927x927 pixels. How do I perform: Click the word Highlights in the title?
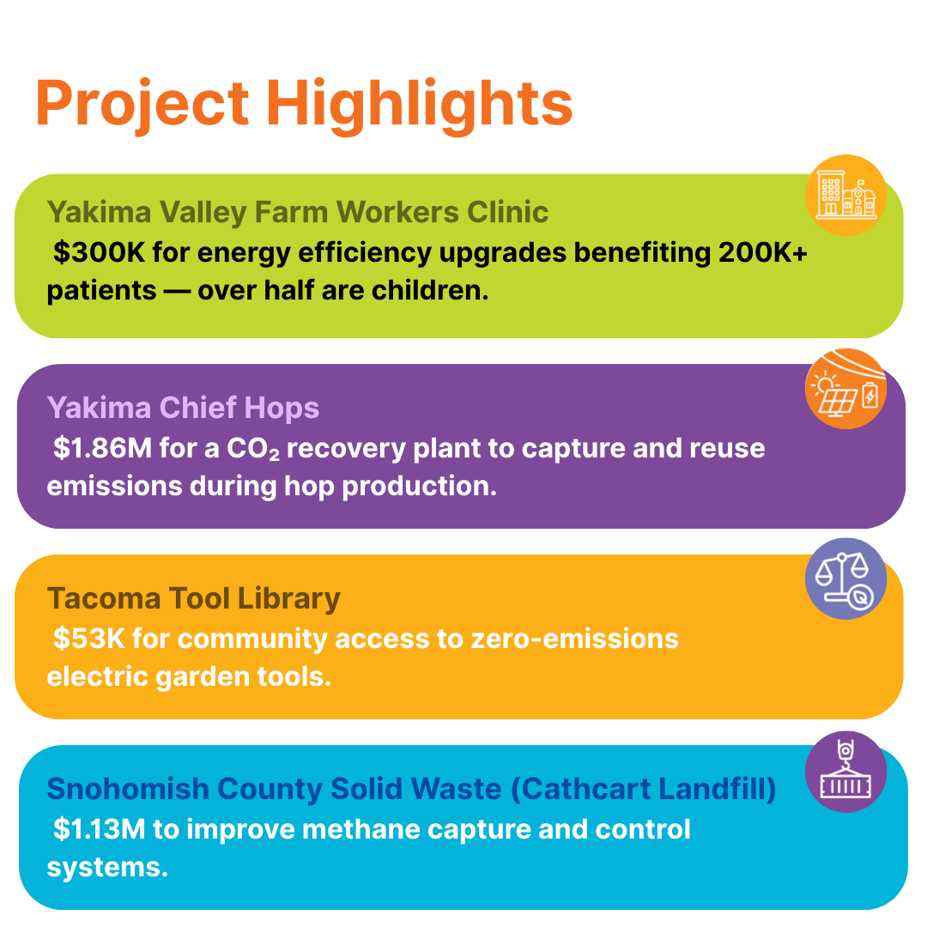[x=419, y=105]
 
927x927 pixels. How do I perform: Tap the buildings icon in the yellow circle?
[x=845, y=196]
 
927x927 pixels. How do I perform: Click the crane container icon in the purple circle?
[x=845, y=772]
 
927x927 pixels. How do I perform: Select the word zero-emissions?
[x=549, y=639]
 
